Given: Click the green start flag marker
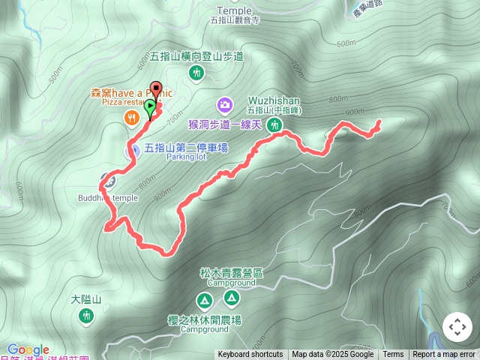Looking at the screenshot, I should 150,108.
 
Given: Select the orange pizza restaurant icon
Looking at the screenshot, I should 132,116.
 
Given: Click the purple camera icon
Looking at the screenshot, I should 224,104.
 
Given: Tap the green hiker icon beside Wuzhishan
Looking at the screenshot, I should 275,124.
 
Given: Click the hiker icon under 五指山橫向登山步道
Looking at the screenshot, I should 196,73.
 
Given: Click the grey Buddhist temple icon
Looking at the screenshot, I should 109,180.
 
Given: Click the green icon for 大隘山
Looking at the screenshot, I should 86,316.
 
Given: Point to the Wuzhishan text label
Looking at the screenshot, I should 274,100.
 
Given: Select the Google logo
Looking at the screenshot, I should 28,350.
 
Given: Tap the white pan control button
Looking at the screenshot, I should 457,327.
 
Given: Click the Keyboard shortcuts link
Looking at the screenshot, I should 250,355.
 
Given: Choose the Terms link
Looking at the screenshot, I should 393,355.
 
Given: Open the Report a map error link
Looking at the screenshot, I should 444,355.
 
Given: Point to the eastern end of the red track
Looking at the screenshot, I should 379,121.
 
